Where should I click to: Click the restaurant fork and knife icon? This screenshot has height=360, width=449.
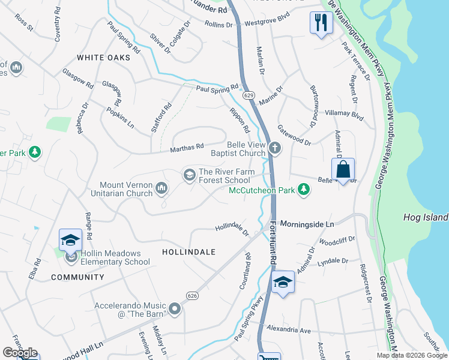click(321, 23)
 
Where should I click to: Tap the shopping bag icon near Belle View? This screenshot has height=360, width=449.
click(343, 169)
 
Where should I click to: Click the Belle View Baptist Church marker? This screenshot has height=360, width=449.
click(275, 147)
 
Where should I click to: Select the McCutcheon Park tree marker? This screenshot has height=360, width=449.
click(304, 190)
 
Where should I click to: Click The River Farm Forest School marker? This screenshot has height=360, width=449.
click(189, 175)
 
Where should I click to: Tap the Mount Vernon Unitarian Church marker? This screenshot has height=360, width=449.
click(161, 189)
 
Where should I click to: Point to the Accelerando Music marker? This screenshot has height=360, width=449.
click(175, 310)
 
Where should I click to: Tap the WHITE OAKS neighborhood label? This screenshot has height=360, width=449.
click(104, 58)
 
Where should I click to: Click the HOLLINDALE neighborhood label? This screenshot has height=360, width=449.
click(188, 253)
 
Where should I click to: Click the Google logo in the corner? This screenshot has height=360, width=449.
click(20, 353)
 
